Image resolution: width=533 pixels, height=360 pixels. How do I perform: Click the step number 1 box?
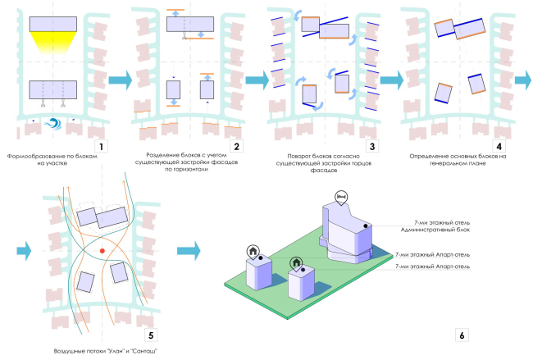pos(99,146)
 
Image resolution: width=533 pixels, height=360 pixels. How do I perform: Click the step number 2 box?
pos(236,146)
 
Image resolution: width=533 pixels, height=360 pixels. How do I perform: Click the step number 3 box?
pos(370,146)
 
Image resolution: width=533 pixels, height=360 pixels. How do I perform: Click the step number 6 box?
pos(462,334)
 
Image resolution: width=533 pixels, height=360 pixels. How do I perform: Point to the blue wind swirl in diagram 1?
pos(56,123)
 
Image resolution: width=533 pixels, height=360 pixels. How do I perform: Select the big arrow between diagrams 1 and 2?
pos(121,80)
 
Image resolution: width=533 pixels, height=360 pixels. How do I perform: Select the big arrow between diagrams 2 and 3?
pos(257,80)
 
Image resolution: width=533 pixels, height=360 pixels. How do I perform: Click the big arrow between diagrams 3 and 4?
pos(390,80)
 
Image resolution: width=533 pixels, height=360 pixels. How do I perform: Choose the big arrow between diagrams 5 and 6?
pos(188,248)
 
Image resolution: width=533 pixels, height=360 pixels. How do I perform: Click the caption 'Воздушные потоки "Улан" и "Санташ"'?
pos(103,351)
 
